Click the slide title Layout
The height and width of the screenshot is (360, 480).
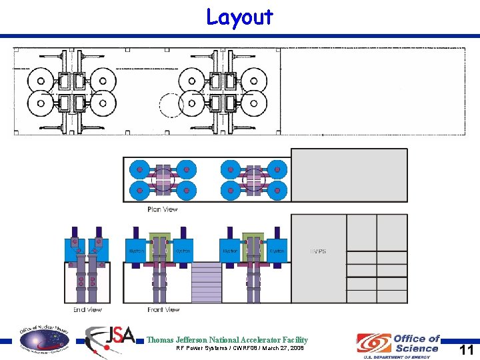pos(239,17)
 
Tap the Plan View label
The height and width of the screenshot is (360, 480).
pos(162,209)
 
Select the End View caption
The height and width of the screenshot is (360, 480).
pos(87,310)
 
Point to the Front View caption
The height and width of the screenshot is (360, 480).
pos(163,310)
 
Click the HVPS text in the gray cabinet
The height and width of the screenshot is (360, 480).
pos(317,251)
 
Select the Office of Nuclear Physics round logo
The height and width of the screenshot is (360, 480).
pos(43,338)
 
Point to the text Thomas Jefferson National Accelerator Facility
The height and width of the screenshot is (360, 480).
pos(227,340)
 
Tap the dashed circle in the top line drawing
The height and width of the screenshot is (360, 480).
pos(171,104)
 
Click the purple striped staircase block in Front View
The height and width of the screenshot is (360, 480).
pos(206,281)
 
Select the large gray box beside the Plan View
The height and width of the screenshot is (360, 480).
pos(349,175)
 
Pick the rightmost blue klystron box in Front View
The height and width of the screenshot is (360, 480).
pos(277,251)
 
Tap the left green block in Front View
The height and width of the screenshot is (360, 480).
pos(160,247)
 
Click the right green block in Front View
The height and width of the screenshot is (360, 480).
pos(254,247)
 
